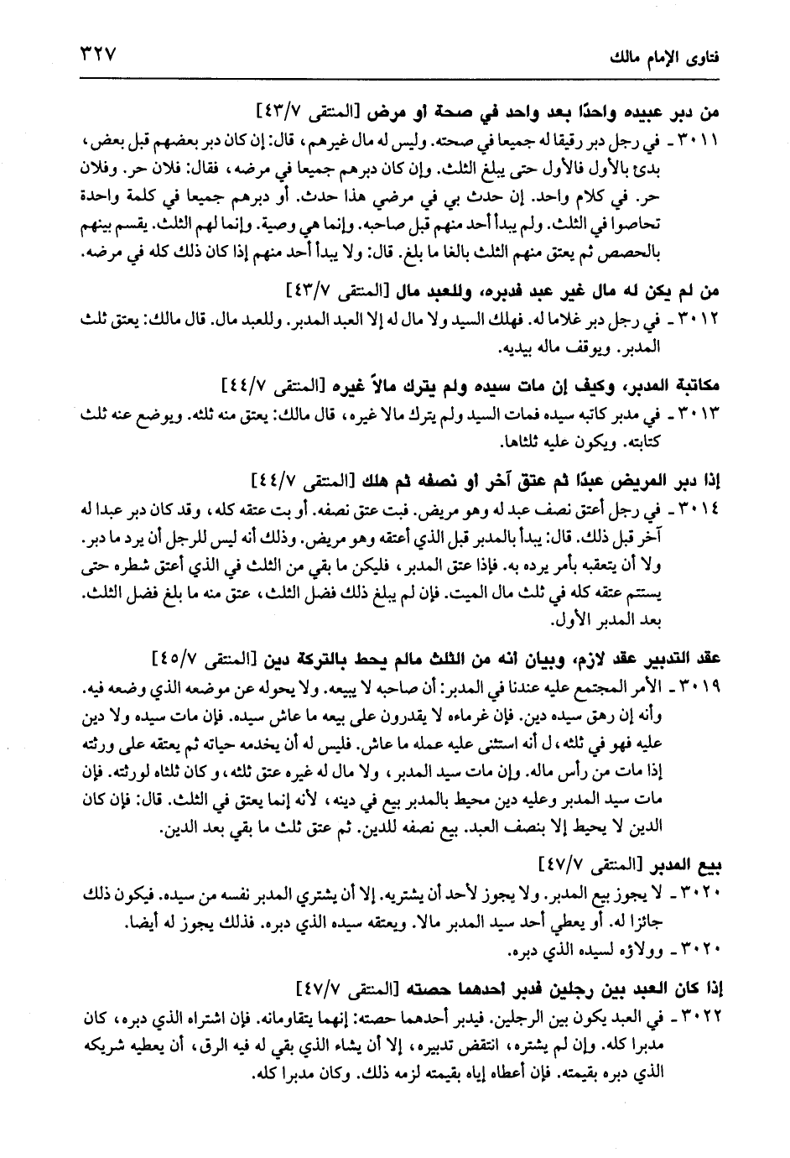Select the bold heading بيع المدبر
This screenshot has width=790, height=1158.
click(x=691, y=862)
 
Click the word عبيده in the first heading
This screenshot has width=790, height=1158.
click(x=656, y=110)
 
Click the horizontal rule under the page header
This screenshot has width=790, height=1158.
click(x=394, y=79)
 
